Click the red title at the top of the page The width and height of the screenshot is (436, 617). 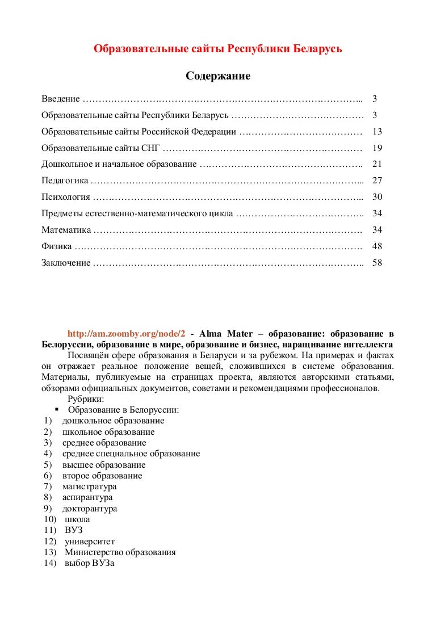click(x=218, y=49)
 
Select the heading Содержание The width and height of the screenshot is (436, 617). click(x=218, y=75)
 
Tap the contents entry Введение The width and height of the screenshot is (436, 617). click(x=61, y=99)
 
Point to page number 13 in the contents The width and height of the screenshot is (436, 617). click(x=377, y=132)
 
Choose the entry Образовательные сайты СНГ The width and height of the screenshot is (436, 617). click(x=101, y=148)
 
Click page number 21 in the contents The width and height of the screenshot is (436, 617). click(x=377, y=165)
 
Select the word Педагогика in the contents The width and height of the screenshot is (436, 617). click(x=65, y=181)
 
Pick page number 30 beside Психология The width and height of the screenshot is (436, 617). click(x=377, y=198)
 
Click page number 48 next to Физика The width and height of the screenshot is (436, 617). click(x=377, y=247)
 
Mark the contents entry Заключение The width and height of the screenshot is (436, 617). click(x=66, y=263)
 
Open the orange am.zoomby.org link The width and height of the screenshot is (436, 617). click(x=127, y=334)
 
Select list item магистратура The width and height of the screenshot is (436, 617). click(x=90, y=486)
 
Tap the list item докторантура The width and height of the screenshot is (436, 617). click(x=90, y=509)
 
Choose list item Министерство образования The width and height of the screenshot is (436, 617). click(x=120, y=552)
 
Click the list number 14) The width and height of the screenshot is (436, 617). click(x=49, y=563)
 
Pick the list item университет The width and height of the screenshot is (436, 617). click(x=90, y=542)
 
